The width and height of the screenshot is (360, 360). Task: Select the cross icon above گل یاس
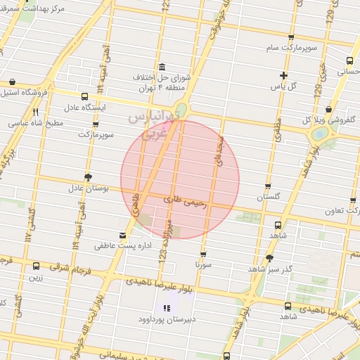coord(283,75)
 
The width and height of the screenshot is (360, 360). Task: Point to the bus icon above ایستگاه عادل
coord(84,96)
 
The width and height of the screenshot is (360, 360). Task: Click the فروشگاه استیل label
coord(28,91)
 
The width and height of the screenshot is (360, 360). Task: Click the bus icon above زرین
coord(37,266)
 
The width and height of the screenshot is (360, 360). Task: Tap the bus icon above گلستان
coord(267,187)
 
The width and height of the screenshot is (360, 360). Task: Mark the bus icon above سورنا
coord(204,255)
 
